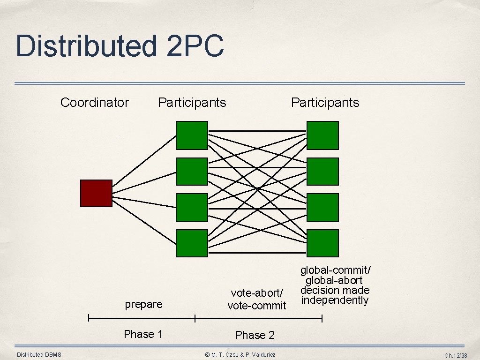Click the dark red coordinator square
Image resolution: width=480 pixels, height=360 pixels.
click(96, 193)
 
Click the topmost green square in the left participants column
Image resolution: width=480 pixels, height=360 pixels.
click(192, 135)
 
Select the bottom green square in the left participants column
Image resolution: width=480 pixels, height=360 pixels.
click(192, 243)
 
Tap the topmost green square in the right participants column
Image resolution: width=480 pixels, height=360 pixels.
click(322, 135)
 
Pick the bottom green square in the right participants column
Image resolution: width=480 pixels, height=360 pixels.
click(322, 243)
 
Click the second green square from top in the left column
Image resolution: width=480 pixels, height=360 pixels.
click(192, 172)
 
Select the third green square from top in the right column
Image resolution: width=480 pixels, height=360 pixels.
click(322, 207)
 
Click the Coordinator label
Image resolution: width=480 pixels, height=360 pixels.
click(94, 103)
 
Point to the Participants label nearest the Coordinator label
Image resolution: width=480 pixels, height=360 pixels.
click(192, 103)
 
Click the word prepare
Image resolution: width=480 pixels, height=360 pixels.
click(143, 304)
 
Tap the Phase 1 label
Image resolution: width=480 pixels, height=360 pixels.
click(143, 334)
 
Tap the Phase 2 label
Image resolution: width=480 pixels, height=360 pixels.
click(255, 335)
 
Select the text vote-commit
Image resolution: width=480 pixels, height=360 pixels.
click(256, 306)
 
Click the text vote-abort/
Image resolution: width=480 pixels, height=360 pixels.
click(257, 293)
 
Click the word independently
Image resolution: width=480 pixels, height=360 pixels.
click(335, 300)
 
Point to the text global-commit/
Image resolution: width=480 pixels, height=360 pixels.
click(336, 270)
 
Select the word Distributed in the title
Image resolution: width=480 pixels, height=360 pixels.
click(86, 46)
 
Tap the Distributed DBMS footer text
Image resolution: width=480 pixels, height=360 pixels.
click(39, 355)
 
